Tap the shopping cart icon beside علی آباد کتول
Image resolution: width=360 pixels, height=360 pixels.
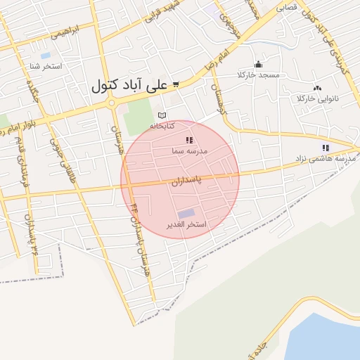tap(175, 85)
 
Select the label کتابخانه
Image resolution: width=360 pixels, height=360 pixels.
tap(162, 126)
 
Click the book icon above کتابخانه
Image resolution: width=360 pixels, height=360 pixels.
tap(162, 115)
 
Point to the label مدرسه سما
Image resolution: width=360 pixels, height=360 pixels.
tap(188, 151)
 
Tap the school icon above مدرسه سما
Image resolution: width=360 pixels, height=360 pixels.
tap(188, 141)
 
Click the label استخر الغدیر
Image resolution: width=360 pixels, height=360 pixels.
tap(186, 225)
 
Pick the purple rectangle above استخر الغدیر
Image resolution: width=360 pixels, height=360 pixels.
tap(186, 213)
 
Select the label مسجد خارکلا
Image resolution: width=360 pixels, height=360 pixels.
tap(259, 75)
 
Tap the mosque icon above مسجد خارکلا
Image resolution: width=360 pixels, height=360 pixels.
tap(258, 64)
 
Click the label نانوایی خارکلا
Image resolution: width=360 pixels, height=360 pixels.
tap(317, 98)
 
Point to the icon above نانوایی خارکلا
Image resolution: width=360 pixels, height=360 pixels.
tap(317, 88)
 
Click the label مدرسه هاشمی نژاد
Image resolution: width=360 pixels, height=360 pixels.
tap(326, 159)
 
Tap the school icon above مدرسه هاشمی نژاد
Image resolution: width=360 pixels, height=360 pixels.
tap(325, 148)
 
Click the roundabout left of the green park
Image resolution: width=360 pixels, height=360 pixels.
tap(111, 103)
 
